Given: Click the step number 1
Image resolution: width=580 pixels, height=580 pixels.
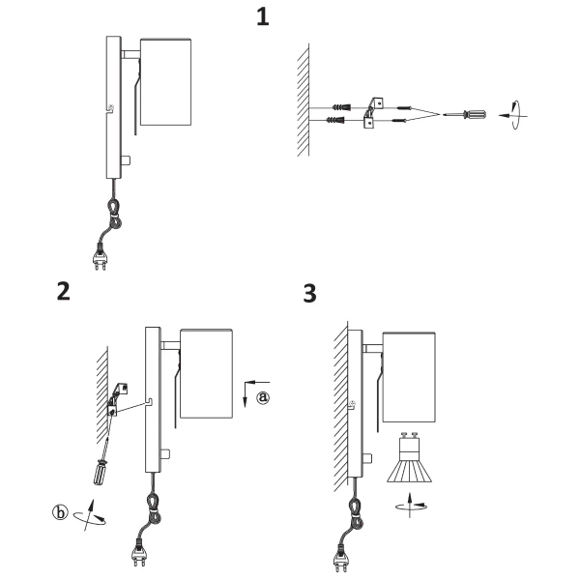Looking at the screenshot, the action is (263, 17).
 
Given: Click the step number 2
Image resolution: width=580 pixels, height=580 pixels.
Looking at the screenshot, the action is (63, 291).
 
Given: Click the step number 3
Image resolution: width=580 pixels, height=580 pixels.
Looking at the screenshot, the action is (309, 294).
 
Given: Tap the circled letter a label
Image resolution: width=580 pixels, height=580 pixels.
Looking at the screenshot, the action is (263, 397).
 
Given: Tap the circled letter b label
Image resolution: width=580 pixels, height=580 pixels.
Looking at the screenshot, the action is (60, 512).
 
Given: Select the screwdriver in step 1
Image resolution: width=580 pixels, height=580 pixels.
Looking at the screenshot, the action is (465, 115).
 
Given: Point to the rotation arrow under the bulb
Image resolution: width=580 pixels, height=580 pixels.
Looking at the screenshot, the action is (411, 506).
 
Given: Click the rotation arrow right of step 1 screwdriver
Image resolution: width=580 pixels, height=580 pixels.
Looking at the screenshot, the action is (513, 115).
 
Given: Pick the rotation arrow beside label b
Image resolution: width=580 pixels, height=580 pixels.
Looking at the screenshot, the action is (90, 516).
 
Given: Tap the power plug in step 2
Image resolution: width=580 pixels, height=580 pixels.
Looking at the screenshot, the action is (139, 553).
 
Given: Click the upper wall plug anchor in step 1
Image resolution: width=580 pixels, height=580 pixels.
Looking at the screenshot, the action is (341, 107).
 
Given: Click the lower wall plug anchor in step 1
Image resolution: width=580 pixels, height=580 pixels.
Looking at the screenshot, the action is (335, 120).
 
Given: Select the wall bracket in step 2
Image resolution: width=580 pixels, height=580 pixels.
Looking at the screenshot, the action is (118, 399).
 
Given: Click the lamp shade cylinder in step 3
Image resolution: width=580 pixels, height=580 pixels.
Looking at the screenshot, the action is (409, 377).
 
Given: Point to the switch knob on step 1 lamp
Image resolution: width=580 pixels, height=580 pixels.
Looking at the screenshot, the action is (126, 160).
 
